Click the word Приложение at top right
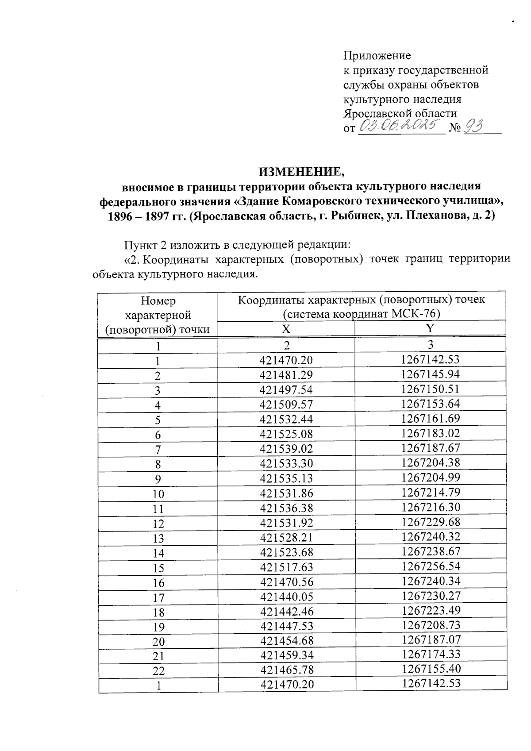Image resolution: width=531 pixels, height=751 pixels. point(377,56)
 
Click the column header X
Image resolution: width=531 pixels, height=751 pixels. point(286,329)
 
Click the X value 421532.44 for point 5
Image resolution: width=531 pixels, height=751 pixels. point(286,419)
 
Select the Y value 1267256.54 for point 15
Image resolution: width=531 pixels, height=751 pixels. point(431,566)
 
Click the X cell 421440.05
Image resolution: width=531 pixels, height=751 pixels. point(286,597)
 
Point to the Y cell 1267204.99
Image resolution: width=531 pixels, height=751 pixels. point(431,477)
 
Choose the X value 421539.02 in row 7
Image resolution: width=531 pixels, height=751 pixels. point(286,448)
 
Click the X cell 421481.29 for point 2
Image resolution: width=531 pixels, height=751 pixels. point(286,374)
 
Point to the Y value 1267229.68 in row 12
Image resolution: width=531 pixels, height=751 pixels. point(431,522)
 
